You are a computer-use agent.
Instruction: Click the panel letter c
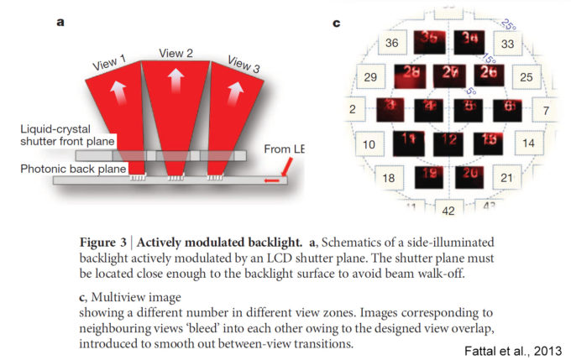(x=337, y=23)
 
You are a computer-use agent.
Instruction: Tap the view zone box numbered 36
(x=391, y=43)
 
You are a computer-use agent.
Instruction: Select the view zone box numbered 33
(x=507, y=44)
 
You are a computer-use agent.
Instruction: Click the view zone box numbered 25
(x=526, y=77)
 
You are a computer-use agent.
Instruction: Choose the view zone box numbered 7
(x=545, y=110)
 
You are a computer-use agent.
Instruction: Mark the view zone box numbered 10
(x=369, y=144)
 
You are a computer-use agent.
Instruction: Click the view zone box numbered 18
(x=389, y=178)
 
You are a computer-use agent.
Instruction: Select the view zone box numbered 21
(x=506, y=178)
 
